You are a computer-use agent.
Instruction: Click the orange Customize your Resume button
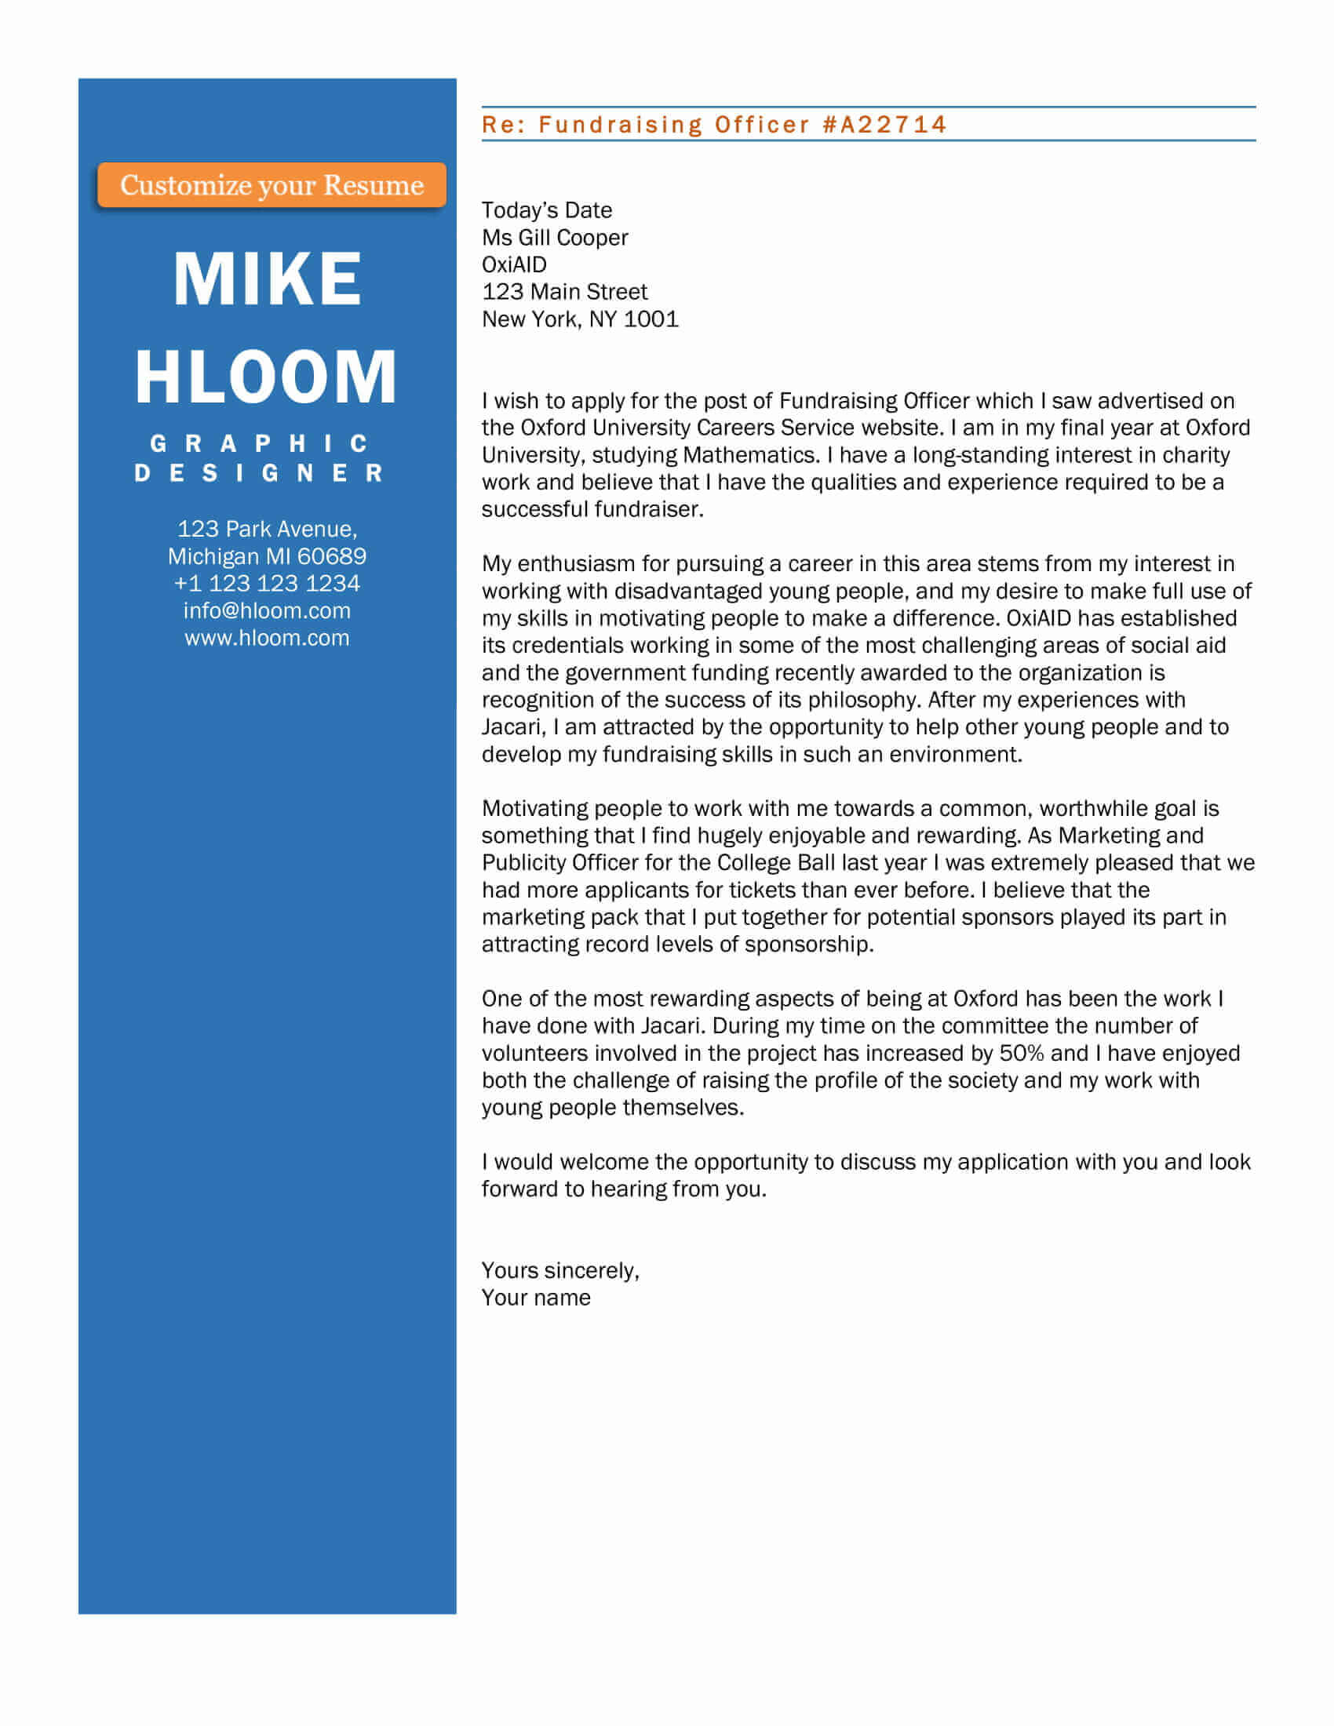[271, 185]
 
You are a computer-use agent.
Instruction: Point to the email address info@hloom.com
[267, 610]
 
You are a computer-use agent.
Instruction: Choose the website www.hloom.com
[267, 638]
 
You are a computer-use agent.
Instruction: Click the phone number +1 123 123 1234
[267, 583]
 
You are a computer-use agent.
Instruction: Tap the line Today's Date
[547, 210]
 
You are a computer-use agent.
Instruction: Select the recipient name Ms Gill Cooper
[555, 237]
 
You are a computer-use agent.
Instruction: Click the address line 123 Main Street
[564, 292]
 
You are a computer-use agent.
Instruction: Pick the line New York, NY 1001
[580, 319]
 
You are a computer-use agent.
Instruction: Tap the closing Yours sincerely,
[560, 1270]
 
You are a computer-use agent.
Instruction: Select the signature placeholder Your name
[536, 1298]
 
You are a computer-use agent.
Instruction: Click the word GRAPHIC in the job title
[259, 443]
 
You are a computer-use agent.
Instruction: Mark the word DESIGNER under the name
[259, 473]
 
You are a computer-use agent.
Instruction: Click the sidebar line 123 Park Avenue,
[267, 529]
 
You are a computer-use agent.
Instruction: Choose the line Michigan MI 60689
[267, 556]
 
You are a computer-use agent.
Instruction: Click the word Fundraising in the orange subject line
[621, 125]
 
